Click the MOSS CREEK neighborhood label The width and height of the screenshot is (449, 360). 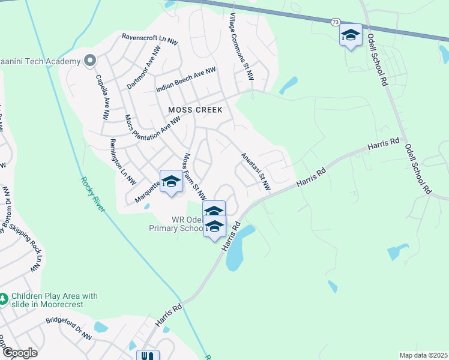click(195, 110)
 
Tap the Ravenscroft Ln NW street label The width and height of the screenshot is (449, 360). click(149, 39)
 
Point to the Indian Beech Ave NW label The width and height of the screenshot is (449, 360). click(185, 79)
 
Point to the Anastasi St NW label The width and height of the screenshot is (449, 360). click(255, 172)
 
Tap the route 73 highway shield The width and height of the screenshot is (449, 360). click(335, 22)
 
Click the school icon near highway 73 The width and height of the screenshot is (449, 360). click(351, 35)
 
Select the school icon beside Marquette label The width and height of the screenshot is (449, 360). click(171, 181)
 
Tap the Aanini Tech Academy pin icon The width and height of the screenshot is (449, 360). click(91, 61)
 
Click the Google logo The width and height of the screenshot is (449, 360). click(20, 353)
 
